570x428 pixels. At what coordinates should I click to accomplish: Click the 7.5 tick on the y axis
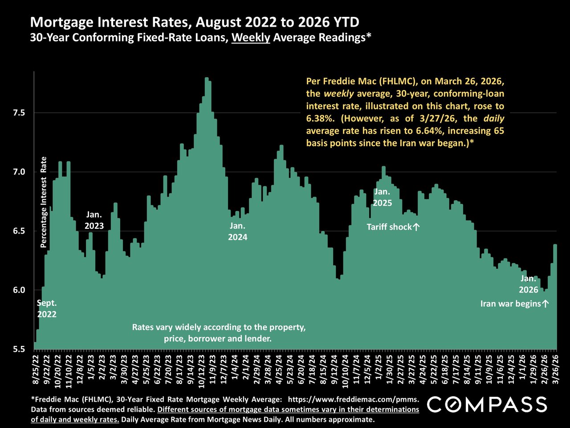[x=18, y=113]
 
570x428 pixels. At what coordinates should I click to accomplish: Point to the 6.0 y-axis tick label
[x=18, y=290]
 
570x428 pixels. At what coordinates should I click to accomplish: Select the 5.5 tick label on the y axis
[x=18, y=349]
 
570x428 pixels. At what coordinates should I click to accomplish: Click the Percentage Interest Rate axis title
[x=44, y=202]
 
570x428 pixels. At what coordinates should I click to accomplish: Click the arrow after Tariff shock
[x=416, y=227]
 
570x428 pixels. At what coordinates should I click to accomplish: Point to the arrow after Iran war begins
[x=546, y=304]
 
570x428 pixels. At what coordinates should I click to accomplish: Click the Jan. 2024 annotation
[x=237, y=232]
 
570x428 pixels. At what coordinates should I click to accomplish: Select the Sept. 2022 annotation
[x=47, y=309]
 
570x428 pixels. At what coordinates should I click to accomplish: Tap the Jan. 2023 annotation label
[x=94, y=220]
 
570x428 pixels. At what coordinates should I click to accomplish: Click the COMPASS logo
[x=487, y=404]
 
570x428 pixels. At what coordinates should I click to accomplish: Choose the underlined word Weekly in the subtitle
[x=251, y=37]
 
